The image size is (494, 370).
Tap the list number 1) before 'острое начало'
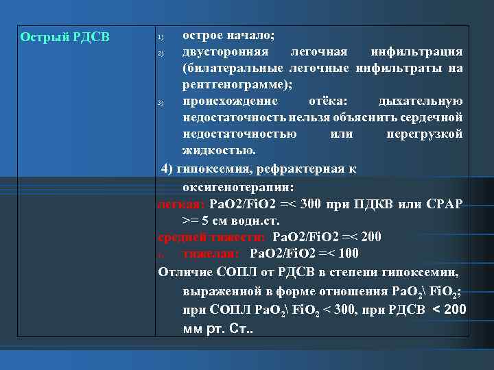coord(159,36)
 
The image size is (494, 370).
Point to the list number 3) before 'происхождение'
coord(159,103)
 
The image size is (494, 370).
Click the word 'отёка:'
coord(318,101)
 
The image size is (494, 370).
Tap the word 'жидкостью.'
coord(219,151)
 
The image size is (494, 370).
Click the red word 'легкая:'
coord(180,204)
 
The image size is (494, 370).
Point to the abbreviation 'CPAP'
coord(444,204)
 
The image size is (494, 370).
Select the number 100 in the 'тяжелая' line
coord(348,254)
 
